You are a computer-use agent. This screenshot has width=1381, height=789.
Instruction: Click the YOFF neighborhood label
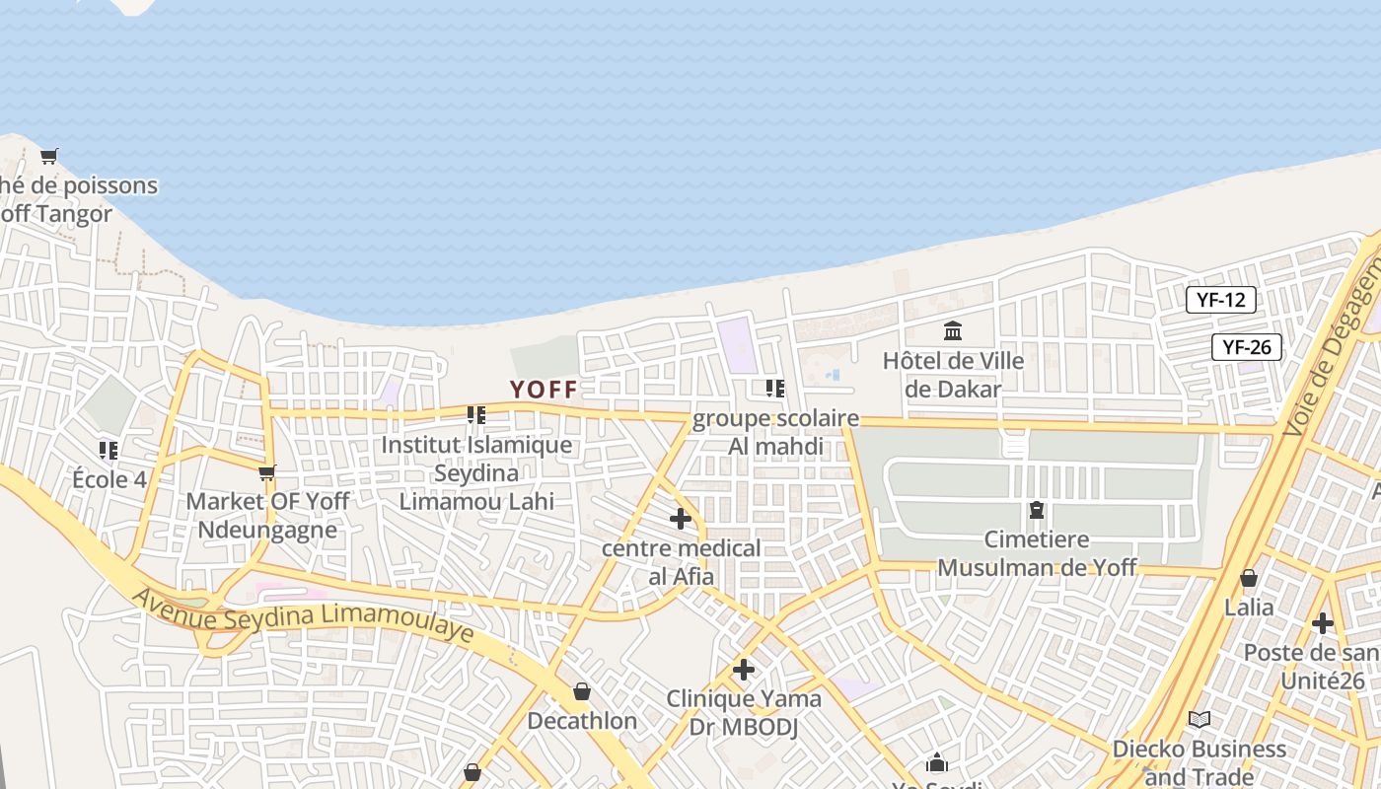(544, 390)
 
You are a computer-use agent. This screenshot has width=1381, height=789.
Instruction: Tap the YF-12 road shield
(1221, 300)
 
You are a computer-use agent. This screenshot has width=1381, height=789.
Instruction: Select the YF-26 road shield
(1247, 346)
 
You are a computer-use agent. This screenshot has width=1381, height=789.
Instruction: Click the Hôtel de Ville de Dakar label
(953, 375)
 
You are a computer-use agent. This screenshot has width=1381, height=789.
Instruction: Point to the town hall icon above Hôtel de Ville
(953, 330)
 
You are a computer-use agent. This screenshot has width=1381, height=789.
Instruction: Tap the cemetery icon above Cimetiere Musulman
(1037, 510)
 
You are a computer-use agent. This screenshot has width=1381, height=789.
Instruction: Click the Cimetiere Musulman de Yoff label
(1037, 553)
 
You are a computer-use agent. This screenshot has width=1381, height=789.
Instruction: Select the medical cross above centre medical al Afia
(680, 519)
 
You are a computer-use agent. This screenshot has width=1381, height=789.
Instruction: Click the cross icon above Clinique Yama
(744, 671)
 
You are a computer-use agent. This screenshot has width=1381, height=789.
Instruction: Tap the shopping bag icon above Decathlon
(582, 691)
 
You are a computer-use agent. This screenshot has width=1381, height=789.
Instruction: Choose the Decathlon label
(582, 721)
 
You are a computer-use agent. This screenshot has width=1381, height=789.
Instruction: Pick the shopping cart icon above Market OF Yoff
(266, 473)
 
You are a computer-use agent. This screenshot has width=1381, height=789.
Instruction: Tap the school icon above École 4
(109, 451)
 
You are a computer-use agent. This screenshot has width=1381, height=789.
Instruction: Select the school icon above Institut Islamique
(476, 415)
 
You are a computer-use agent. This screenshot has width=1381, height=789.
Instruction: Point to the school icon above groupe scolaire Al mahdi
(775, 389)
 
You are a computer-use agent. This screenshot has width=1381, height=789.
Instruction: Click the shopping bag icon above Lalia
(1249, 578)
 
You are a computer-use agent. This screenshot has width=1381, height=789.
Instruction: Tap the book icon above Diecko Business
(1199, 719)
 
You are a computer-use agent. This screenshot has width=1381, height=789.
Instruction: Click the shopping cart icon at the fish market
(48, 156)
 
